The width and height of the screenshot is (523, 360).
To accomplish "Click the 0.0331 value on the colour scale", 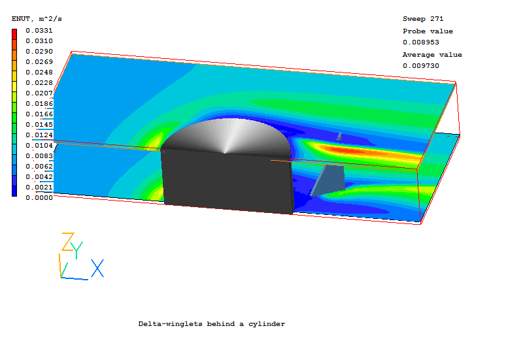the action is (39, 31).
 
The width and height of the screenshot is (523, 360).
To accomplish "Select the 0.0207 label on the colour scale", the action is (39, 93).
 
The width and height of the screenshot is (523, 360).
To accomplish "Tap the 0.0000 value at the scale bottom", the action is (39, 198).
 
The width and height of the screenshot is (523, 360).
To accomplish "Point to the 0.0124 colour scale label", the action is (39, 135).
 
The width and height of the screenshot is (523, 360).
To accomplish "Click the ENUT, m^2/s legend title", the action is (37, 19).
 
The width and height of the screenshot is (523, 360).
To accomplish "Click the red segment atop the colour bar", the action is (14, 35).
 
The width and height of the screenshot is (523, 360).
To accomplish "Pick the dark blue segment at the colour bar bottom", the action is (14, 191).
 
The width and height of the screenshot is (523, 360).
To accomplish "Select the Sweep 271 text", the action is (423, 19).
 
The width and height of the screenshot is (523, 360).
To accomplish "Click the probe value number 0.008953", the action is (420, 42).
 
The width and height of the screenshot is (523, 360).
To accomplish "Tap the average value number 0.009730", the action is (420, 66).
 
